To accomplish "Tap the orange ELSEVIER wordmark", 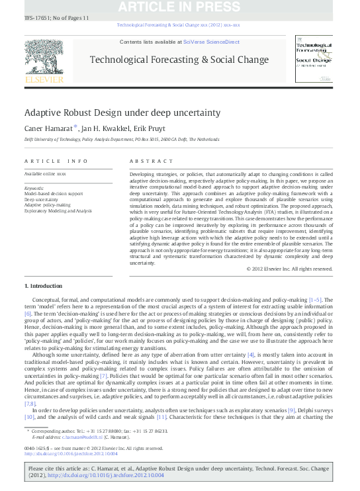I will pos(44,80).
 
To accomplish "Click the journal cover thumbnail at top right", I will pos(314,60).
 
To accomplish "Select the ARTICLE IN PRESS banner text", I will pos(179,7).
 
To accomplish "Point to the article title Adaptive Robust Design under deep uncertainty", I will pos(122,112).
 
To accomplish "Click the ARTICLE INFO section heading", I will pos(56,161).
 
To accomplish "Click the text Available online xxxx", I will pos(45,173).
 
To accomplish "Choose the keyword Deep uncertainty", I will pos(41,199).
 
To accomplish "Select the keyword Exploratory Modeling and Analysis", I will pos(58,210).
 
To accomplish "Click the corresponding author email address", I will pos(79,437).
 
